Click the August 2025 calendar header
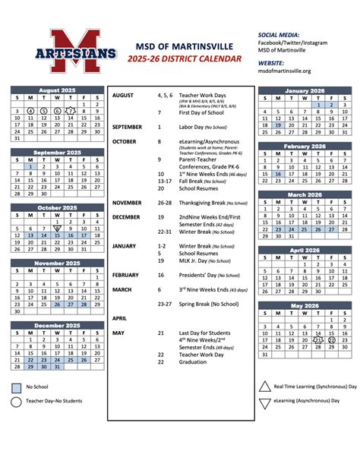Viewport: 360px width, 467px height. (58, 90)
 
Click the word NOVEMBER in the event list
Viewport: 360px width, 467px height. (128, 203)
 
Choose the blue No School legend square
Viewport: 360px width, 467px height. (16, 387)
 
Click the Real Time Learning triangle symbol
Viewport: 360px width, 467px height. (264, 387)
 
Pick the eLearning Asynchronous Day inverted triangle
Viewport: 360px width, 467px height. (264, 403)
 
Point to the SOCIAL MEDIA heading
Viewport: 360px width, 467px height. (279, 35)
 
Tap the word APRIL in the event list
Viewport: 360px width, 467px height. (119, 318)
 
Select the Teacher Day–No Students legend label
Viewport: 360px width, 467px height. (54, 401)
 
